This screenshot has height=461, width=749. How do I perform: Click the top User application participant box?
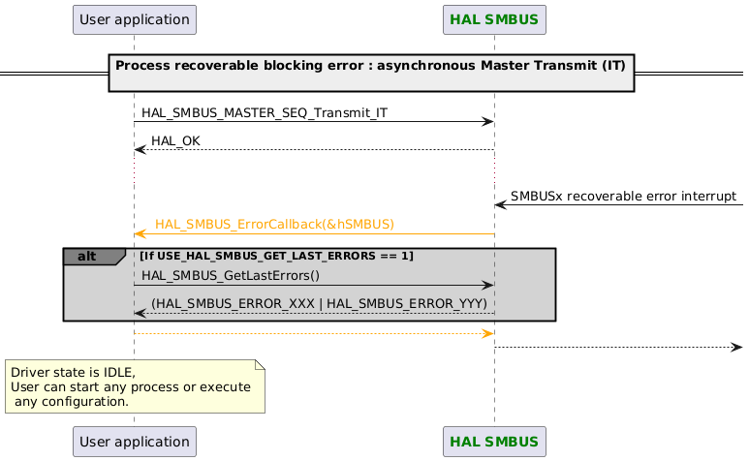[x=134, y=19]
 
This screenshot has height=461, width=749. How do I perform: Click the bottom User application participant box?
[x=134, y=442]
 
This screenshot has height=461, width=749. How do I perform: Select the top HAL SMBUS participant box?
[x=494, y=19]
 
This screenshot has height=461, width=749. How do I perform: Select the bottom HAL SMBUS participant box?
[x=494, y=442]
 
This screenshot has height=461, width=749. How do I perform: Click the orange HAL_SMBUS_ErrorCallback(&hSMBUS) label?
[x=274, y=224]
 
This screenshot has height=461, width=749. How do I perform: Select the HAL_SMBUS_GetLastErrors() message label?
[x=230, y=276]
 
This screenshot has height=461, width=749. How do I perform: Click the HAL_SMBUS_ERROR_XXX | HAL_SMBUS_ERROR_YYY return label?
[x=319, y=304]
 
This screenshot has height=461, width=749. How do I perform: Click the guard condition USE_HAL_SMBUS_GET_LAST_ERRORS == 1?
[x=276, y=256]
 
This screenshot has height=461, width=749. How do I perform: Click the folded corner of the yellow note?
[x=259, y=365]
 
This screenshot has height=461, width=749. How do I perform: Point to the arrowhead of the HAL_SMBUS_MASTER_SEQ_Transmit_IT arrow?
[x=489, y=121]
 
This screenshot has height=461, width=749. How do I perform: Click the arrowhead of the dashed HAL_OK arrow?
[x=140, y=150]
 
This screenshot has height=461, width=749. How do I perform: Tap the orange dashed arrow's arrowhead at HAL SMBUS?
[x=489, y=334]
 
